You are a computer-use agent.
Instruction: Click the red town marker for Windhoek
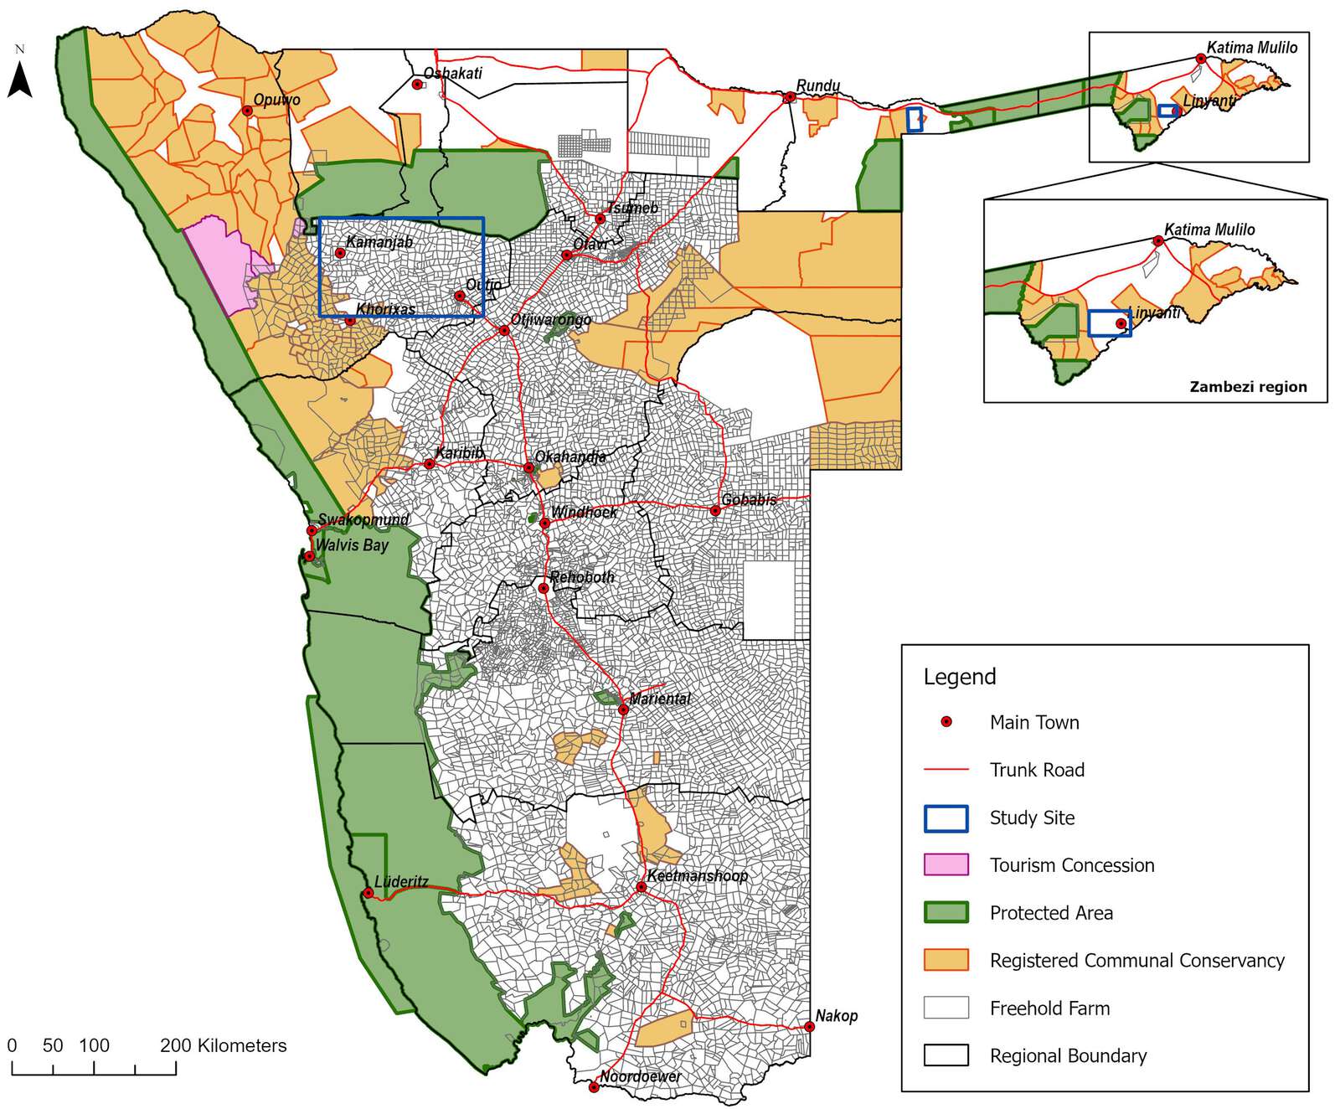coord(544,524)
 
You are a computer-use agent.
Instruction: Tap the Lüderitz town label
coord(401,881)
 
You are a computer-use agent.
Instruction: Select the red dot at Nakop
coord(810,1026)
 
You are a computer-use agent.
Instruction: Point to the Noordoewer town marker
coord(594,1088)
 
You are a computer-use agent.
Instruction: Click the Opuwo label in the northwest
coord(276,100)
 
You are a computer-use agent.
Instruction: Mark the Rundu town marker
coord(790,97)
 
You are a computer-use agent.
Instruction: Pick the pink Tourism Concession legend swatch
coord(946,865)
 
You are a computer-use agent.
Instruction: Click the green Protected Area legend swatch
coord(946,913)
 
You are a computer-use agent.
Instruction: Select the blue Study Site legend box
coord(946,818)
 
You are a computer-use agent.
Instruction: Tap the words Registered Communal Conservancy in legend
coord(1136,961)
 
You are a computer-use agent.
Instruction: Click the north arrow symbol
coord(20,80)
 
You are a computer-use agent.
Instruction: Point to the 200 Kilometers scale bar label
coord(223,1045)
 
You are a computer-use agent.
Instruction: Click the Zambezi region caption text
coord(1248,387)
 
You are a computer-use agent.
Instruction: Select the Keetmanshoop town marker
coord(642,887)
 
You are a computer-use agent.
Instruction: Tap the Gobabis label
coord(749,500)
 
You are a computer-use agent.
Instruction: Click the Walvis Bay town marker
coord(309,556)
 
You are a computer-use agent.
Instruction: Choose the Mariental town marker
coord(623,709)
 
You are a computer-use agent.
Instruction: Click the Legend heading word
coord(960,677)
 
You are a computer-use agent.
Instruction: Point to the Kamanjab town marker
coord(340,253)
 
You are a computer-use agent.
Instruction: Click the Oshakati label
coord(452,74)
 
